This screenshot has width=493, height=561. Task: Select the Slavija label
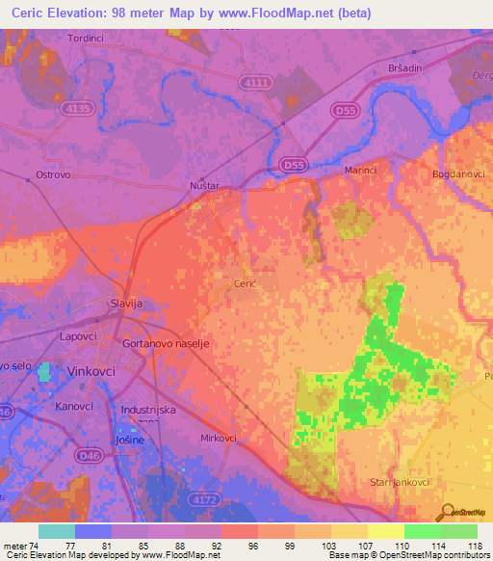126,303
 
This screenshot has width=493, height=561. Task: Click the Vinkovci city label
92,370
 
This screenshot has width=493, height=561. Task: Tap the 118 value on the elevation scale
474,545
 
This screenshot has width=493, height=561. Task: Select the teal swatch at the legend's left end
56,531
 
